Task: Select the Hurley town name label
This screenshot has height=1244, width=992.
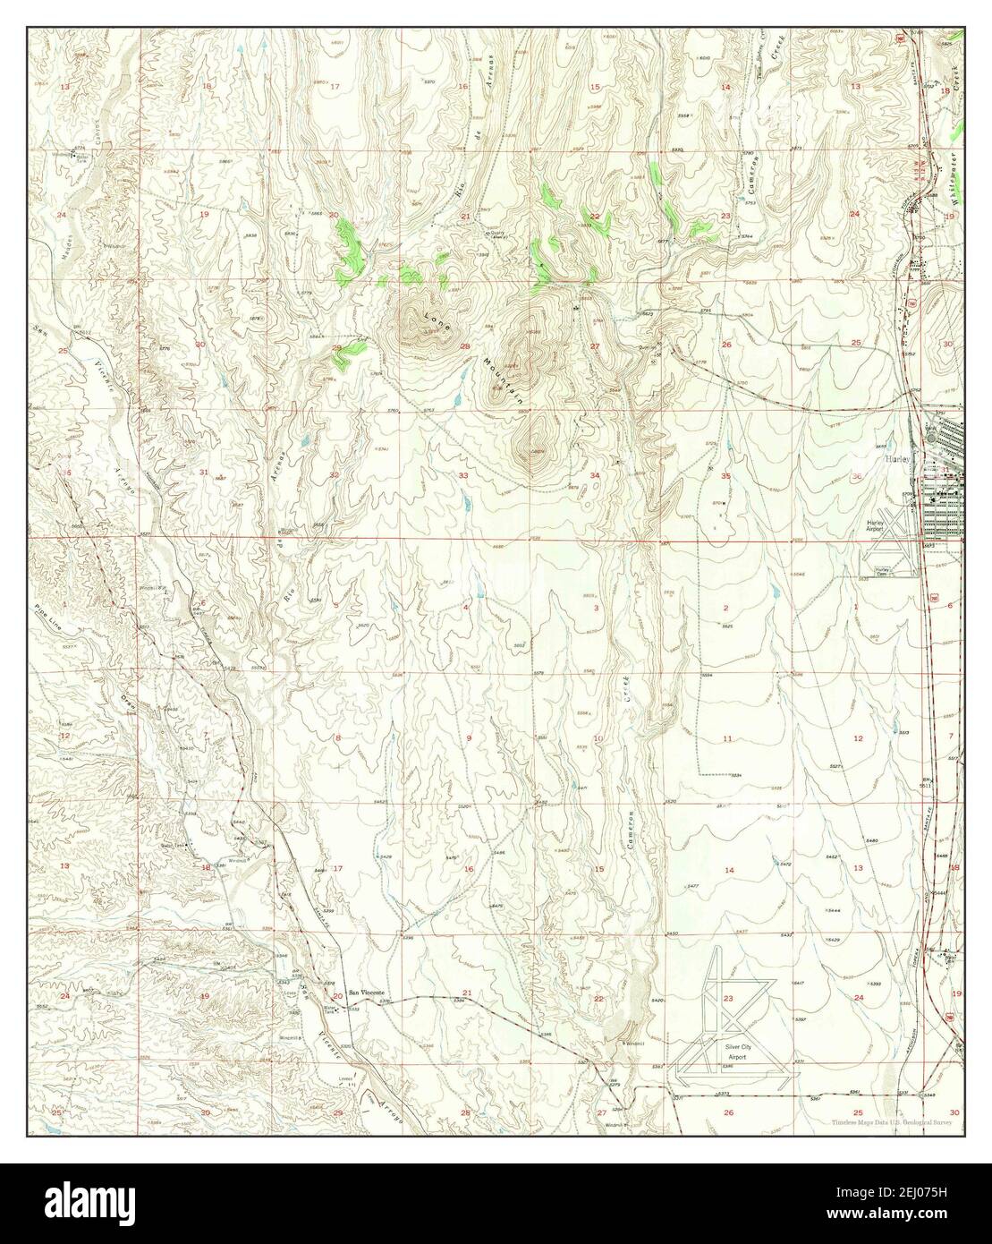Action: tap(896, 457)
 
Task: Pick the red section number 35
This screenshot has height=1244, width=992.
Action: tap(726, 477)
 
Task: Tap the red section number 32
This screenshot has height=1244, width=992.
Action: tap(334, 475)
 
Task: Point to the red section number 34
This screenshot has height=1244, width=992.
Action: tap(595, 475)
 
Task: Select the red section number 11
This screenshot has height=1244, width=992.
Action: tap(727, 738)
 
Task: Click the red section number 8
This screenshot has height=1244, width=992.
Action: tap(337, 737)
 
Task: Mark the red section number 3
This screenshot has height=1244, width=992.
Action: tap(596, 608)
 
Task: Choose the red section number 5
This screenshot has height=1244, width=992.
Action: tap(335, 606)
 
